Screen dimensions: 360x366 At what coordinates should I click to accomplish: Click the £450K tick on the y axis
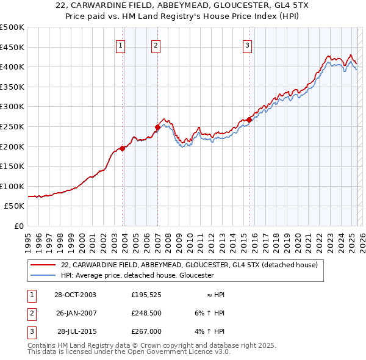pos(12,47)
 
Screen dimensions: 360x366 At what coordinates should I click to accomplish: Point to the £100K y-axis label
pos(12,186)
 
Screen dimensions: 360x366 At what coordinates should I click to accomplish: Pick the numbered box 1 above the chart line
pos(120,45)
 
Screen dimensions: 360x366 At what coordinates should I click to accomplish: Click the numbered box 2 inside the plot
pos(156,45)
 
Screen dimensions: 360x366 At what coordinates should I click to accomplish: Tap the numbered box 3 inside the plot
pos(248,45)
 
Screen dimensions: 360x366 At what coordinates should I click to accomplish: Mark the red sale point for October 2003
pos(123,148)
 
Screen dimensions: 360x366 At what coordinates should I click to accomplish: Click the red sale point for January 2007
pos(157,127)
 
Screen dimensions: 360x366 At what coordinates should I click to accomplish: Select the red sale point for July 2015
pos(249,120)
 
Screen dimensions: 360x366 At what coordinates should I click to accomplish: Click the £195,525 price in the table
pos(146,295)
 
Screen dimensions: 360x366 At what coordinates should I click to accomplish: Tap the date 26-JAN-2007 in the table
pos(76,313)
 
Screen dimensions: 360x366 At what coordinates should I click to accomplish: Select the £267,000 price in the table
pos(146,331)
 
